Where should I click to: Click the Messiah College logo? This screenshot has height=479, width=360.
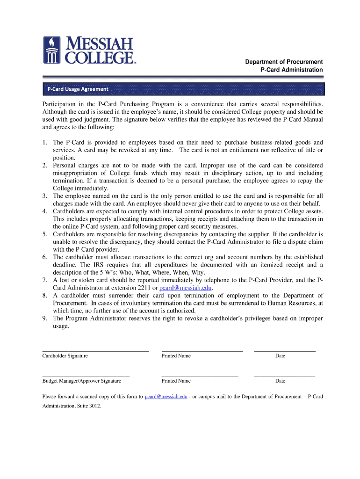[89, 51]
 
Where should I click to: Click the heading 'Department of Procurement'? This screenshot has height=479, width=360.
[284, 62]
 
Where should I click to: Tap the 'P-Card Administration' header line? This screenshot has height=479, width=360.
[291, 70]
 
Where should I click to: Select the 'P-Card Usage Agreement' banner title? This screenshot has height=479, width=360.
[77, 89]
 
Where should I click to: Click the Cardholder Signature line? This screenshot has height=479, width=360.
[95, 350]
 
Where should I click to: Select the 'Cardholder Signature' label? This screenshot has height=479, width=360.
[65, 356]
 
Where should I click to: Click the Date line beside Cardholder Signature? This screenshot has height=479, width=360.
[284, 350]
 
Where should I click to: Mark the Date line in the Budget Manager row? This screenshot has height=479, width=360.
[284, 376]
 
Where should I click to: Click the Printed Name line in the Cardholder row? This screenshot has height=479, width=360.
[202, 350]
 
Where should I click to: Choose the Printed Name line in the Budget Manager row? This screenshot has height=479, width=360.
[200, 376]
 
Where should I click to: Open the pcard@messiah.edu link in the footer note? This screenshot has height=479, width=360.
[166, 397]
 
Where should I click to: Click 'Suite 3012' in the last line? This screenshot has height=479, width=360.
[88, 406]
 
